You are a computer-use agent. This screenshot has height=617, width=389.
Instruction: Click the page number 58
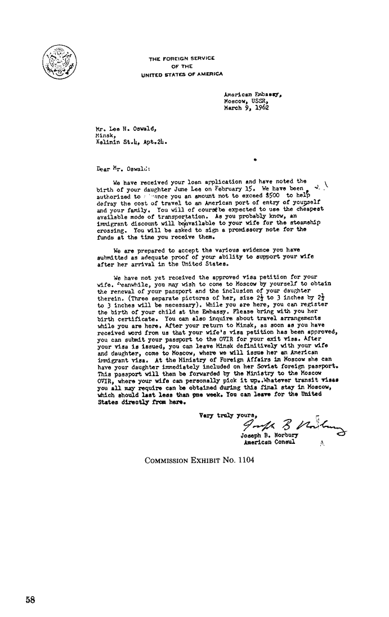(30, 600)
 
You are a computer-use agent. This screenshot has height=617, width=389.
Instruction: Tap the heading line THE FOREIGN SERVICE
(181, 59)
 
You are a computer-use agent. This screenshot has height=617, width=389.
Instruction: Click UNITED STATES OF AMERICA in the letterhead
(181, 73)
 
